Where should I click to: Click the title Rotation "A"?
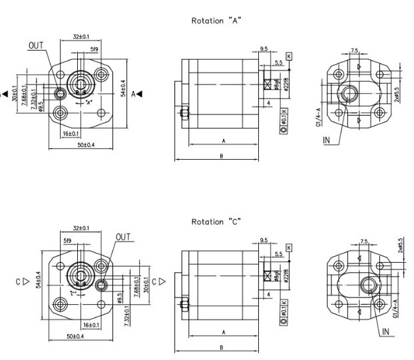click(216, 21)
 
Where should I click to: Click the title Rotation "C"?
click(216, 221)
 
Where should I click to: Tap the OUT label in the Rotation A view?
click(36, 45)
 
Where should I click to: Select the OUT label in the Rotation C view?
click(123, 236)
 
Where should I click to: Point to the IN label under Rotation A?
click(327, 140)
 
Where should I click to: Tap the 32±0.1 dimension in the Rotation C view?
click(81, 228)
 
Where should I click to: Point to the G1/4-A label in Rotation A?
click(319, 117)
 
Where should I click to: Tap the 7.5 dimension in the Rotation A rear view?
click(355, 51)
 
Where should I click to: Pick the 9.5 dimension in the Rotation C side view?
click(264, 239)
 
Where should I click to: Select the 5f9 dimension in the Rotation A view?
click(95, 50)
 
